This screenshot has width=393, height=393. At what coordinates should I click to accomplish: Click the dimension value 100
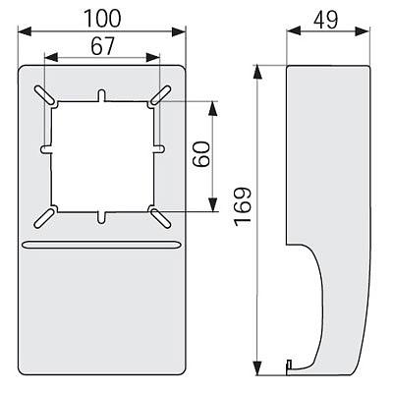coord(102,19)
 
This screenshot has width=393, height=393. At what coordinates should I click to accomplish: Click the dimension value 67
coord(102,46)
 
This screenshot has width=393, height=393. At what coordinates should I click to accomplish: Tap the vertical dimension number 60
coord(201,154)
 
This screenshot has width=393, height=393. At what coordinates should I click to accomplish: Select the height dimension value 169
coord(243,206)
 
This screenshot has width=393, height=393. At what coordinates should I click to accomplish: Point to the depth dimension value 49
coord(326,20)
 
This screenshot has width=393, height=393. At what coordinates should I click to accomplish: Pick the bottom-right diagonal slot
coord(160,217)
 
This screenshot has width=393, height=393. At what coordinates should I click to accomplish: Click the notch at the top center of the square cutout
coord(102,95)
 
